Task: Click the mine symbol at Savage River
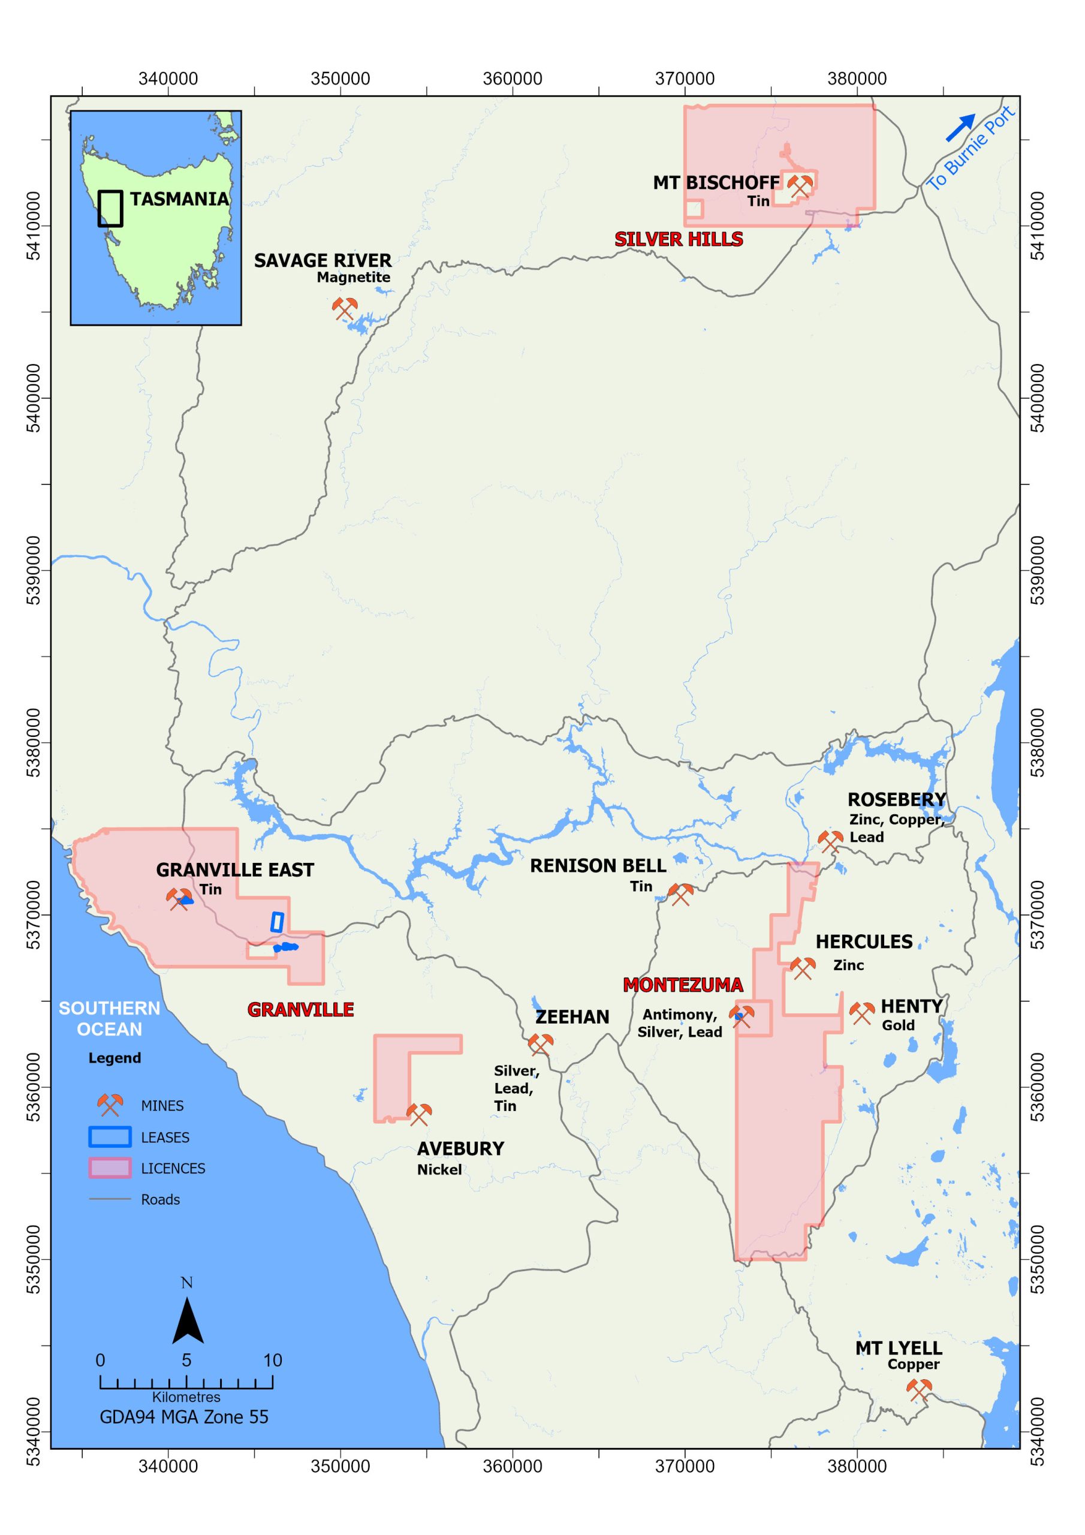[345, 308]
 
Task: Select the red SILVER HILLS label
[679, 239]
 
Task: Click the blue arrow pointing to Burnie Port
[961, 128]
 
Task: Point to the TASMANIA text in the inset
[179, 199]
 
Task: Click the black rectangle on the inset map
[110, 209]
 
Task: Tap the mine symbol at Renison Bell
[680, 894]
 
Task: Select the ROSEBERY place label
[897, 800]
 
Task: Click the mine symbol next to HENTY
[862, 1013]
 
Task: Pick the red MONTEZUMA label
[683, 985]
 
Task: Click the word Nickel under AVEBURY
[439, 1169]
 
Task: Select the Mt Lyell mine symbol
[919, 1390]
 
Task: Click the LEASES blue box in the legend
[110, 1137]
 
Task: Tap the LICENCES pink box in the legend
[110, 1168]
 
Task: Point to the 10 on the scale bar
[272, 1360]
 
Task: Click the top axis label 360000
[513, 79]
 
